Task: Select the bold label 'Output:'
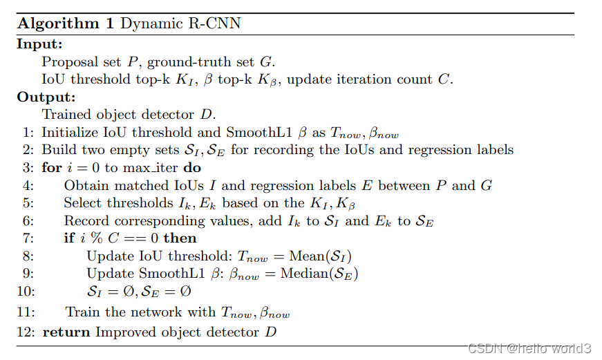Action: coord(46,97)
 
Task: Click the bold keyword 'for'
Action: coord(51,168)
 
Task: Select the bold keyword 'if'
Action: coord(69,238)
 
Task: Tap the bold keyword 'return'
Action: coord(66,332)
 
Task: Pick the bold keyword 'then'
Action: coord(180,238)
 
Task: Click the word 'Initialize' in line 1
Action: coord(67,133)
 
